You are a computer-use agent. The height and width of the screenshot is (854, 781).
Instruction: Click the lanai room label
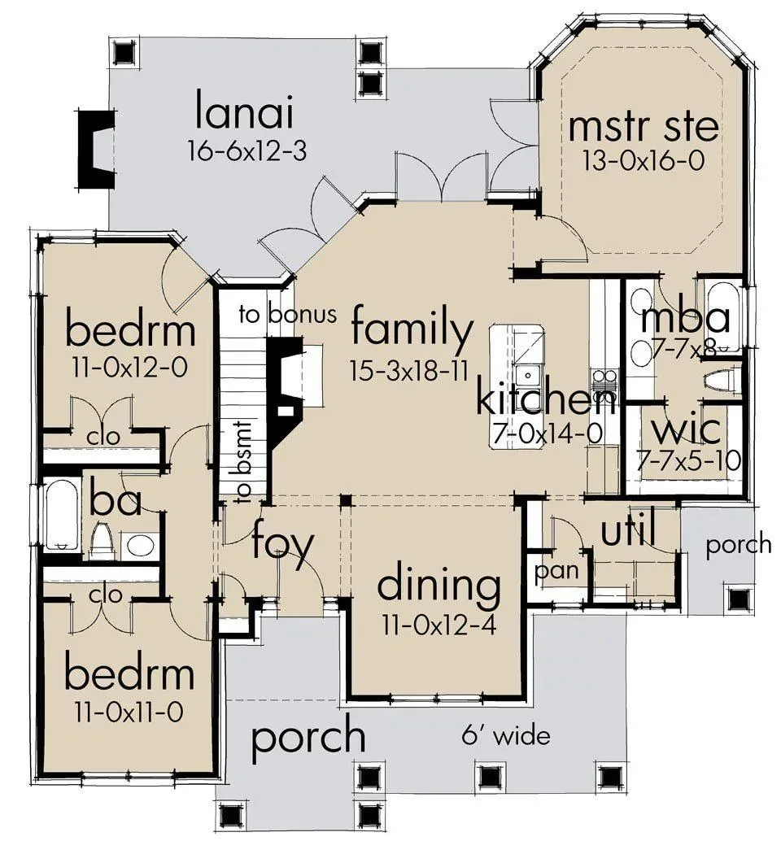pos(245,112)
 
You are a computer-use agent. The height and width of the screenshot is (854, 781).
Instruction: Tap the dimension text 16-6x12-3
pos(247,150)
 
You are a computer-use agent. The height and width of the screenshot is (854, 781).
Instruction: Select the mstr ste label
pos(644,125)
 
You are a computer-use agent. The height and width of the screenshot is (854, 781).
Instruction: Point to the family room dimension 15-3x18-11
pos(409,372)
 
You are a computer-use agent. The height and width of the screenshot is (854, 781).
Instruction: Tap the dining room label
pos(439,585)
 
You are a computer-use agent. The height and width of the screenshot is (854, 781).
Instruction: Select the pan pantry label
pos(556,571)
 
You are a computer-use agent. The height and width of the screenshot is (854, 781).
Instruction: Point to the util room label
pos(628,528)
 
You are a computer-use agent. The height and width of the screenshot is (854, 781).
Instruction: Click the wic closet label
pos(687,429)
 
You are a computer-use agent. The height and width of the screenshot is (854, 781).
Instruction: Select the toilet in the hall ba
pos(102,541)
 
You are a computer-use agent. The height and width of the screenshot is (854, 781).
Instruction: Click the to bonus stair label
pos(287,314)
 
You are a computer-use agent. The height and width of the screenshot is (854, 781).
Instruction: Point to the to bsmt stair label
pos(243,461)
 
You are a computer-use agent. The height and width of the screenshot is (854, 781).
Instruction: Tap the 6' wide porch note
pos(506,736)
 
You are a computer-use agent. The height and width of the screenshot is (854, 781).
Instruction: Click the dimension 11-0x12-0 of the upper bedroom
pos(129,368)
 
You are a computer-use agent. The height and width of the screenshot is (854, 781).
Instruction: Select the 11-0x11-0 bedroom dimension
pos(129,712)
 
